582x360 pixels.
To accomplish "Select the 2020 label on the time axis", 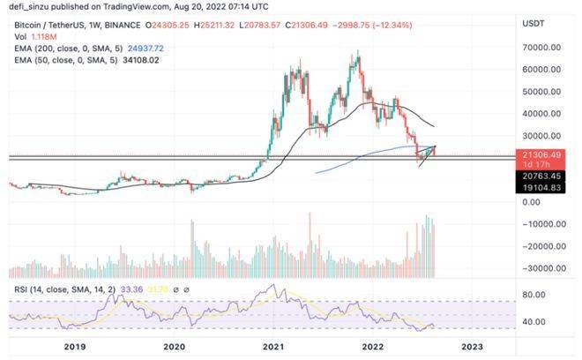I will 175,348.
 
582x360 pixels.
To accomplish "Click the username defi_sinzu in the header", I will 29,7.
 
